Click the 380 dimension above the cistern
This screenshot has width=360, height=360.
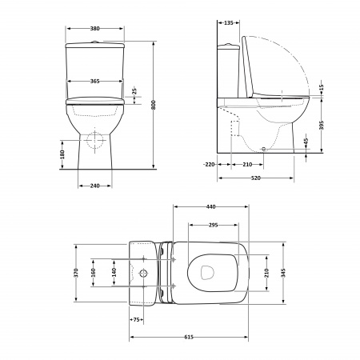pos(94,29)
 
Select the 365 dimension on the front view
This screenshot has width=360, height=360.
pos(94,81)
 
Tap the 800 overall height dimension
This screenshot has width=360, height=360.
pos(153,105)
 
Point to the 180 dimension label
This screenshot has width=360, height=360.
pos(62,154)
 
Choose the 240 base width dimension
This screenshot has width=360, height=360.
pos(94,186)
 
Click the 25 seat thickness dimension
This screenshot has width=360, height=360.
pos(134,90)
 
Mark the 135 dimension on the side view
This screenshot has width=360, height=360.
pos(228,23)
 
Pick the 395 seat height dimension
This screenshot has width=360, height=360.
pos(321,125)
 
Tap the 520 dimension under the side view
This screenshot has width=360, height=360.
pos(255,178)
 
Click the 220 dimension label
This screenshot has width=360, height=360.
pos(210,165)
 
